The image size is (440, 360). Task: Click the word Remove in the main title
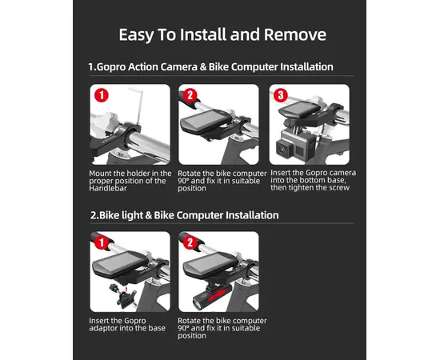click(295, 34)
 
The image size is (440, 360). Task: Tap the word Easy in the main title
click(136, 35)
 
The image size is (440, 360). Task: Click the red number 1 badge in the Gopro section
click(102, 95)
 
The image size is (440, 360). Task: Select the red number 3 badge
click(281, 95)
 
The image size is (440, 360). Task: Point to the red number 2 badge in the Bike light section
click(190, 242)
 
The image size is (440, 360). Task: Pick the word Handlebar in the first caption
click(108, 188)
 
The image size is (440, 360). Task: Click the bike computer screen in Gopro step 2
click(202, 120)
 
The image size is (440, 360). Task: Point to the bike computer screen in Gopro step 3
click(300, 108)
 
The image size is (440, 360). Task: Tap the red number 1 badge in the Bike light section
click(102, 242)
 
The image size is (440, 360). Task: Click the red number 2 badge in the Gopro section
click(190, 95)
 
